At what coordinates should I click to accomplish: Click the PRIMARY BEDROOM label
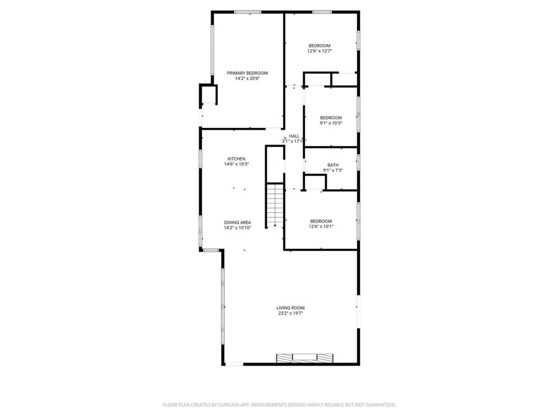click(247, 73)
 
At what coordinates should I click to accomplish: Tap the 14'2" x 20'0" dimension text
click(247, 79)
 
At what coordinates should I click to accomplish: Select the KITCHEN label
click(236, 159)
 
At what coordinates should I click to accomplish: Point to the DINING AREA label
click(237, 222)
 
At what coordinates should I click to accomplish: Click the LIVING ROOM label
click(291, 308)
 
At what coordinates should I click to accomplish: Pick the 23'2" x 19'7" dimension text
click(291, 313)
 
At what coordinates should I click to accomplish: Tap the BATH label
click(333, 165)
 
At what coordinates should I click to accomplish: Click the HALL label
click(294, 136)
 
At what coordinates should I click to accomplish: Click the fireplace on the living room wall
click(305, 358)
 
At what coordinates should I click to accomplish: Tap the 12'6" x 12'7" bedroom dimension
click(320, 51)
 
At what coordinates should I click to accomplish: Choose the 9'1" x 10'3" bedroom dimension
click(331, 123)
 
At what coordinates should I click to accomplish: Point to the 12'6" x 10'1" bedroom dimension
click(321, 227)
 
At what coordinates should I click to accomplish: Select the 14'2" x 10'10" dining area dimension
click(237, 228)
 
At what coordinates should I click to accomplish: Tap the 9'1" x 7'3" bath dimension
click(333, 171)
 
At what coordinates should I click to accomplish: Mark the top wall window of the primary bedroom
click(247, 11)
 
